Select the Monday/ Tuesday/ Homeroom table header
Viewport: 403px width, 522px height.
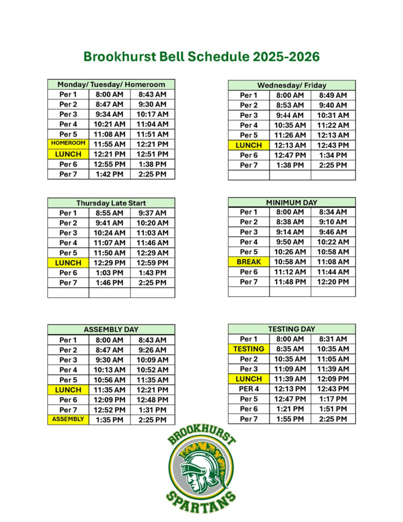(x=111, y=85)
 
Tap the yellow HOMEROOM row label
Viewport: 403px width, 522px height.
(x=68, y=144)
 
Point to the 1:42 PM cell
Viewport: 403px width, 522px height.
(x=110, y=174)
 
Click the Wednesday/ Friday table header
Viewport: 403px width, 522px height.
(x=291, y=85)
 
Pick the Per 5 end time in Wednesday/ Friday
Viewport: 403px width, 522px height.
(x=333, y=135)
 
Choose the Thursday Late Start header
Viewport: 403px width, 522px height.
(x=111, y=203)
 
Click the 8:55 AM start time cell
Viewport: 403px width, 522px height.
(x=110, y=213)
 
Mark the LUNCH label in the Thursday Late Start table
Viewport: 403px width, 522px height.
(x=68, y=263)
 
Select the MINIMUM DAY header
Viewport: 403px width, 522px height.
(x=291, y=202)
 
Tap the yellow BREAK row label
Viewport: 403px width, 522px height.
(x=249, y=262)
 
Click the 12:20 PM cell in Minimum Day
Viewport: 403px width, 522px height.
(x=333, y=282)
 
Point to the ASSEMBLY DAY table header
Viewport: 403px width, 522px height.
(x=111, y=329)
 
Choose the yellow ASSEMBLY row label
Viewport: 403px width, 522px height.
(x=68, y=420)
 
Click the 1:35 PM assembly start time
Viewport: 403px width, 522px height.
(x=110, y=420)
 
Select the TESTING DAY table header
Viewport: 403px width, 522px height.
(x=291, y=329)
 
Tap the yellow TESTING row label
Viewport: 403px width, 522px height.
(x=249, y=349)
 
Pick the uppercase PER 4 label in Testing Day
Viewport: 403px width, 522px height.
(x=249, y=389)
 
